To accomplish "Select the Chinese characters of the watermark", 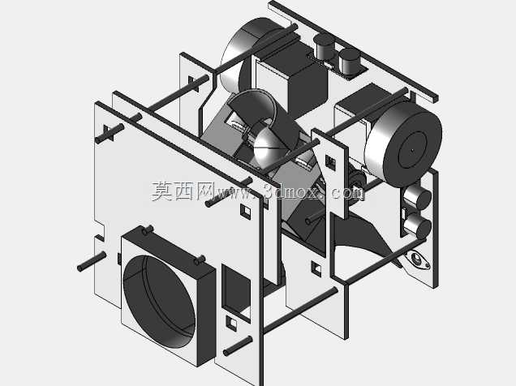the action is coord(183,191).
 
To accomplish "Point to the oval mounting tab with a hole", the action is coord(418,259).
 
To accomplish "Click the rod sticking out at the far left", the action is coord(92,261).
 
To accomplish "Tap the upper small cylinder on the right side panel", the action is coord(417,197).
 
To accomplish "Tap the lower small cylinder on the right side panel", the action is coord(417,225).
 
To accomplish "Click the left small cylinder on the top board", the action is coord(325,46).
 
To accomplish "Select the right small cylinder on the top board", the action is coord(349,61).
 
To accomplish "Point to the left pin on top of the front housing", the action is coord(148,229).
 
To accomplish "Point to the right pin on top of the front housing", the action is coord(199,260).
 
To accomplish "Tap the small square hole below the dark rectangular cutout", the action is coord(232,324).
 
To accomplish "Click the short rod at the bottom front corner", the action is coord(238,345).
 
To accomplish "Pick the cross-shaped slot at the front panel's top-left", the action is coord(109,133).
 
